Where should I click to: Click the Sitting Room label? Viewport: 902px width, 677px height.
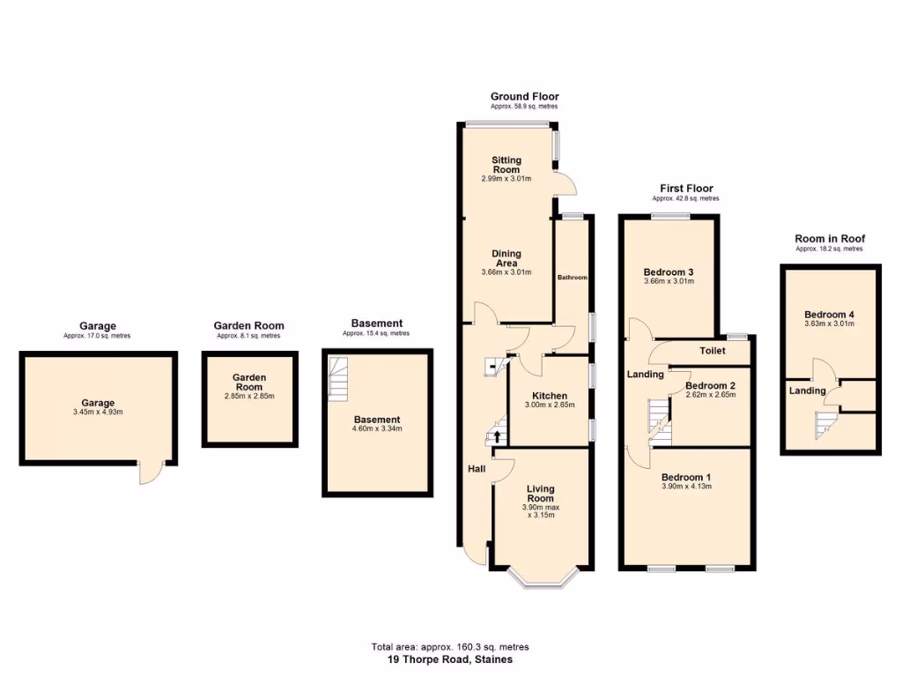tap(506, 165)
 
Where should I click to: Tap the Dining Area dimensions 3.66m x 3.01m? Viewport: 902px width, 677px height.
tap(506, 272)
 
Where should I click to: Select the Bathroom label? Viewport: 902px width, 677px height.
tap(572, 278)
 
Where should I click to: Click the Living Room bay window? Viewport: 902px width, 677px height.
tap(541, 577)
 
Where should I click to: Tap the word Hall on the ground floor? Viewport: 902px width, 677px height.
tap(477, 469)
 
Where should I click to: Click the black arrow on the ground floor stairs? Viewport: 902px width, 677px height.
tap(497, 435)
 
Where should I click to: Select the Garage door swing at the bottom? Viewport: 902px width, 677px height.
tap(151, 473)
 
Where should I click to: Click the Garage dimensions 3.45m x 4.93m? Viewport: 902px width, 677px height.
tap(99, 412)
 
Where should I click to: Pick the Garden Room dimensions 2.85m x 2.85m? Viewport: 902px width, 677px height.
tap(249, 396)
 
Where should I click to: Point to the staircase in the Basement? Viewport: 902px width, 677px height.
tap(338, 378)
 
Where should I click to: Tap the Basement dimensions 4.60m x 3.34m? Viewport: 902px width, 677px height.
tap(377, 429)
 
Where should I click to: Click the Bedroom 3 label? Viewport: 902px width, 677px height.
tap(669, 272)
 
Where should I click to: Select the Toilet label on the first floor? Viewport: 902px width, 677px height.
tap(713, 350)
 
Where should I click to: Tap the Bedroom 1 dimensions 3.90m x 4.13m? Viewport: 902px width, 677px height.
tap(686, 487)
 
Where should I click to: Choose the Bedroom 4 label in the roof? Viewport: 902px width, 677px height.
tap(829, 315)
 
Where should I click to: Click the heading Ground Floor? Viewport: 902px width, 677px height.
tap(524, 96)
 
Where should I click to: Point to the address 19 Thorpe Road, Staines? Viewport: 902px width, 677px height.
tap(450, 658)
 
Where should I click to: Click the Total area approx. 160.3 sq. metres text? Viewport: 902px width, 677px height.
tap(450, 647)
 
